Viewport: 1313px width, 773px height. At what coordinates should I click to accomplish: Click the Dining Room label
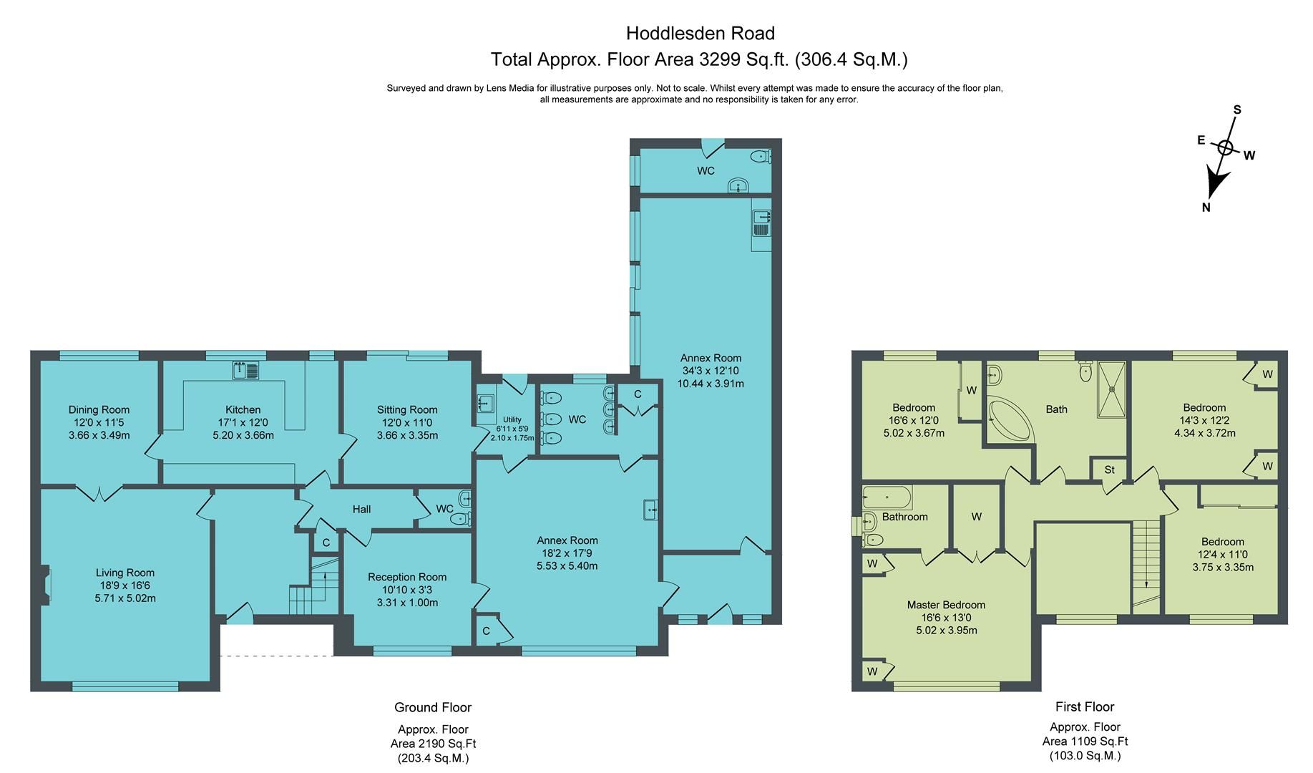coord(99,410)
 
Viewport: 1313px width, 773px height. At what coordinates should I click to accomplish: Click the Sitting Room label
coord(407,410)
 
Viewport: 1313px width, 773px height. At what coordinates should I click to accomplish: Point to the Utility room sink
coord(485,404)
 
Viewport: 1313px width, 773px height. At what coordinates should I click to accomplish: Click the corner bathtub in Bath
coord(1010,422)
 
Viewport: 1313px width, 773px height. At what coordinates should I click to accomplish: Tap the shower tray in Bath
coord(1112,389)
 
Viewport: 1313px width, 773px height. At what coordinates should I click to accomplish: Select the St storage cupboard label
coord(1109,470)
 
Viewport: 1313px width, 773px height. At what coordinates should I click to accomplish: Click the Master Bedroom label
coord(946,605)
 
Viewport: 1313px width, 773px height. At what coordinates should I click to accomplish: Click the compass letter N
coord(1206,208)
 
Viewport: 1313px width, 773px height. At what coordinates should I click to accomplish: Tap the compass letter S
coord(1237,110)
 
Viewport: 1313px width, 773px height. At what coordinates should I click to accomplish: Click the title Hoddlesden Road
coord(700,33)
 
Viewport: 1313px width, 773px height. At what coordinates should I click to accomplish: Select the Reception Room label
coord(407,577)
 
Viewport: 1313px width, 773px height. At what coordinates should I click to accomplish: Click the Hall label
coord(361,509)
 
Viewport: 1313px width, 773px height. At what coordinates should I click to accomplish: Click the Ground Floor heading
coord(433,707)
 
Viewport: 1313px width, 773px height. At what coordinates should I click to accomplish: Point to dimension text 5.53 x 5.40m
coord(567,565)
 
